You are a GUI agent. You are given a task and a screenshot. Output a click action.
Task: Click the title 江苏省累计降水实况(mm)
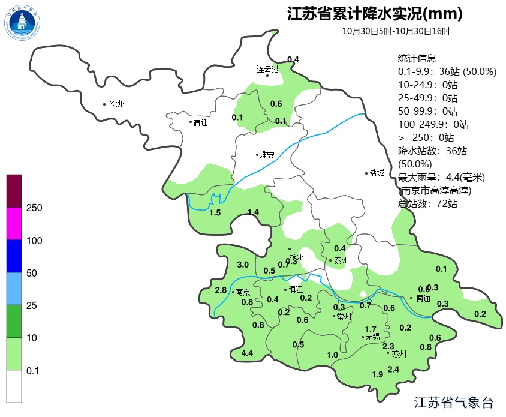[x=375, y=13]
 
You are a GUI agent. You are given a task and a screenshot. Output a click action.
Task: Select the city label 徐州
[x=117, y=104]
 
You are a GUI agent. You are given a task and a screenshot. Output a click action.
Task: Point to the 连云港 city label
[x=269, y=69]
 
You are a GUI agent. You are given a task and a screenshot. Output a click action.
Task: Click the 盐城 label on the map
[x=377, y=173]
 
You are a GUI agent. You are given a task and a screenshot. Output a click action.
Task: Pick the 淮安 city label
[x=267, y=155]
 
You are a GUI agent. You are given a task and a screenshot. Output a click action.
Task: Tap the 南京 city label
[x=243, y=293]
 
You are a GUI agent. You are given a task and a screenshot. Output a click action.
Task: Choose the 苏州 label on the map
[x=399, y=354]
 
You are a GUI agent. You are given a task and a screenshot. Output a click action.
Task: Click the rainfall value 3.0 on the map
[x=243, y=265]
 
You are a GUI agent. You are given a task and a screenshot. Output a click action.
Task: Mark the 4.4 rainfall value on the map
[x=246, y=353]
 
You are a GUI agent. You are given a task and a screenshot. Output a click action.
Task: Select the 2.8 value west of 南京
[x=221, y=290]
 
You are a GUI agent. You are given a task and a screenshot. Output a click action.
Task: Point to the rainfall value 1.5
[x=215, y=213]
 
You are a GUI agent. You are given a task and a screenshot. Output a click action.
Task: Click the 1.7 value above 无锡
[x=371, y=329]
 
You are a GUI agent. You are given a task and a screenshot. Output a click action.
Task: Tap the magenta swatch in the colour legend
[x=14, y=224]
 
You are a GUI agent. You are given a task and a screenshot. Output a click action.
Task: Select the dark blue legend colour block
[x=14, y=256]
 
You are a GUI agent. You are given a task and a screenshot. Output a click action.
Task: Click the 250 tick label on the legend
[x=34, y=208]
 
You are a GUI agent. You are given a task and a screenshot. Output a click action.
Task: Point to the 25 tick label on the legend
[x=32, y=305]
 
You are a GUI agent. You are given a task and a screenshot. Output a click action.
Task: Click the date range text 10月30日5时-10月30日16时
[x=396, y=31]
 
